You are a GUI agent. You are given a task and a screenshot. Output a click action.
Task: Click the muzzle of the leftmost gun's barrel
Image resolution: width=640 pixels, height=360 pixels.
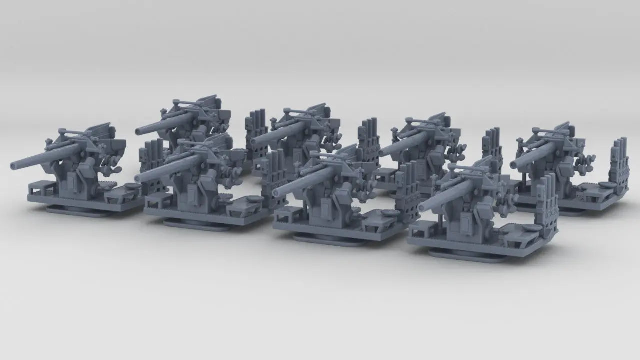[x=13, y=165]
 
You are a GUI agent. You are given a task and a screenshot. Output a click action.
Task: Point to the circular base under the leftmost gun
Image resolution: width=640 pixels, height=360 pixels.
[x=80, y=210]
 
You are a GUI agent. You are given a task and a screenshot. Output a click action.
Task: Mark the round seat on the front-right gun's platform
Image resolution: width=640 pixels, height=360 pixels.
[x=530, y=228]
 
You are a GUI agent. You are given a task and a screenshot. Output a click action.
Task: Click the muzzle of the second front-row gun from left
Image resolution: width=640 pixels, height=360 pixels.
[x=138, y=178]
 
